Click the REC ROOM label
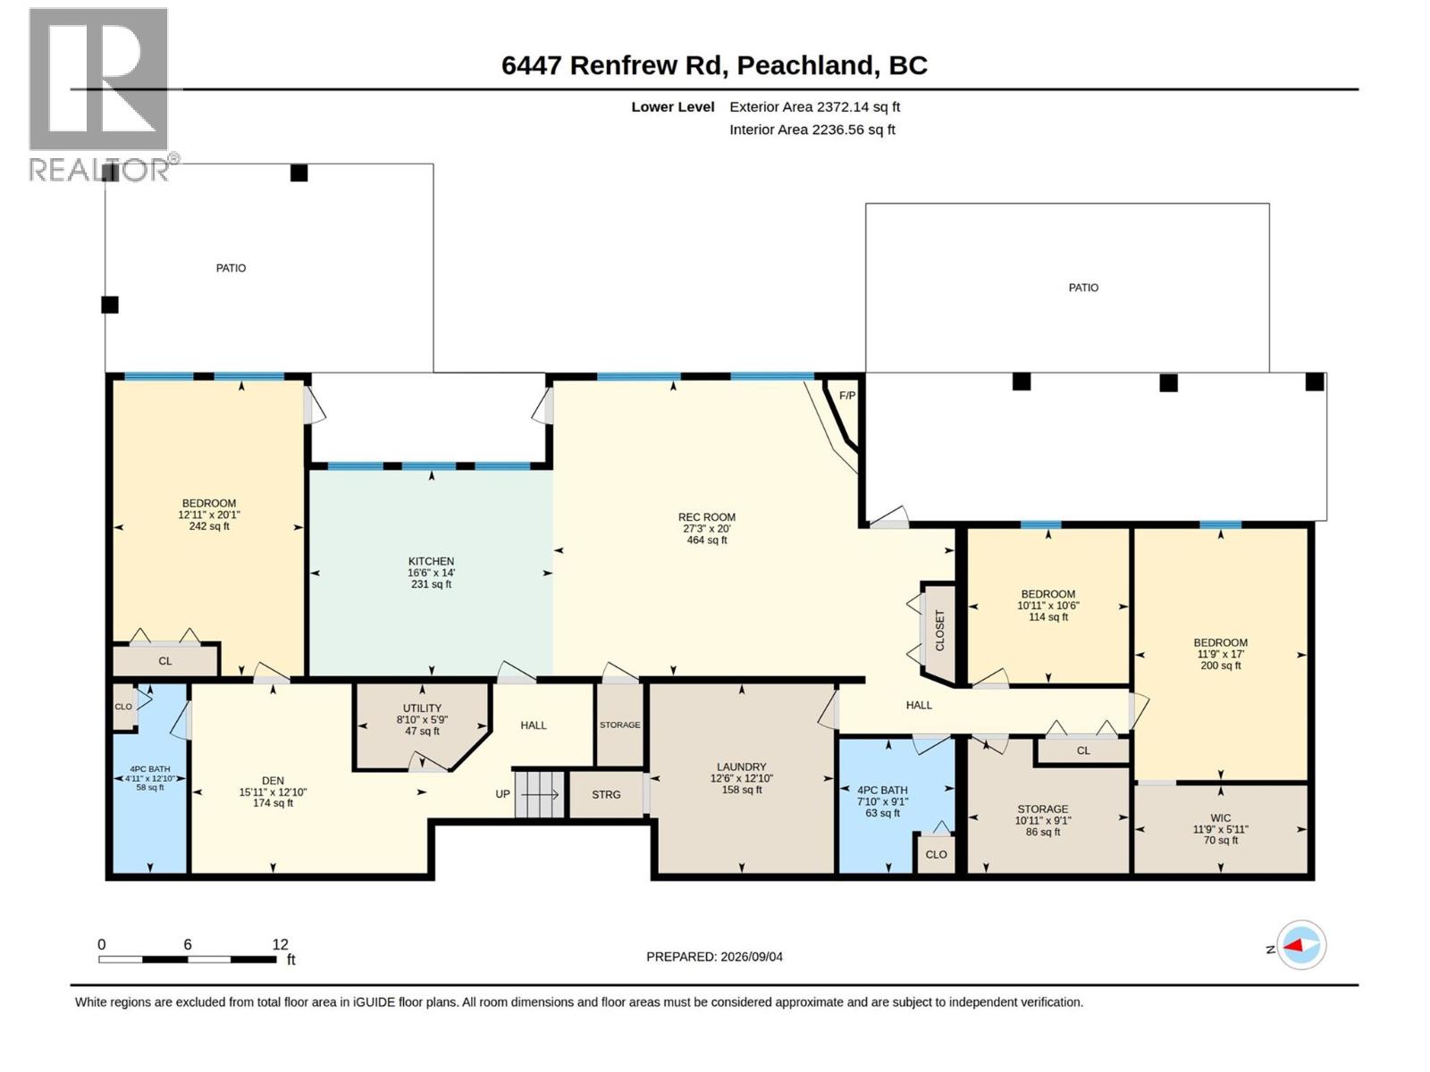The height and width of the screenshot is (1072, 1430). click(706, 517)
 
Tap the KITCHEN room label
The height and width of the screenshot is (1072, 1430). click(431, 561)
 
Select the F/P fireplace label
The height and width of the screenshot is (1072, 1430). click(847, 396)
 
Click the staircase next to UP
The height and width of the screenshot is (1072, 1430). click(540, 794)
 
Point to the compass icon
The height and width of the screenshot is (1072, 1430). click(1301, 944)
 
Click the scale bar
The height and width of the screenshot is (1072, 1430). click(188, 959)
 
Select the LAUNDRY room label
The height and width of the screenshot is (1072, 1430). click(742, 766)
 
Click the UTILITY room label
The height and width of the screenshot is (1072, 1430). click(422, 708)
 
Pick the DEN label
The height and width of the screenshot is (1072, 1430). click(273, 781)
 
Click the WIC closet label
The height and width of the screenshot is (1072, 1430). click(1220, 818)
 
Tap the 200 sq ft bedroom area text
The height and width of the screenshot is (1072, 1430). click(1220, 666)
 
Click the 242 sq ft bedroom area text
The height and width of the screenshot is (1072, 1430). click(209, 526)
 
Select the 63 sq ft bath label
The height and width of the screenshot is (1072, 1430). click(882, 813)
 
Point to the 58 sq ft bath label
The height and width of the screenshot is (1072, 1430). click(150, 788)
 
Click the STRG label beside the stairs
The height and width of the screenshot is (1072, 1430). click(606, 795)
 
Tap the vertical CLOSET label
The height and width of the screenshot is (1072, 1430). click(939, 630)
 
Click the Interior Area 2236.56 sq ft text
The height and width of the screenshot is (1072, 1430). click(812, 130)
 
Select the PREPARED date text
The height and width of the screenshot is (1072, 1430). click(714, 957)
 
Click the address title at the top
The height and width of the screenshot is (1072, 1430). click(714, 65)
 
